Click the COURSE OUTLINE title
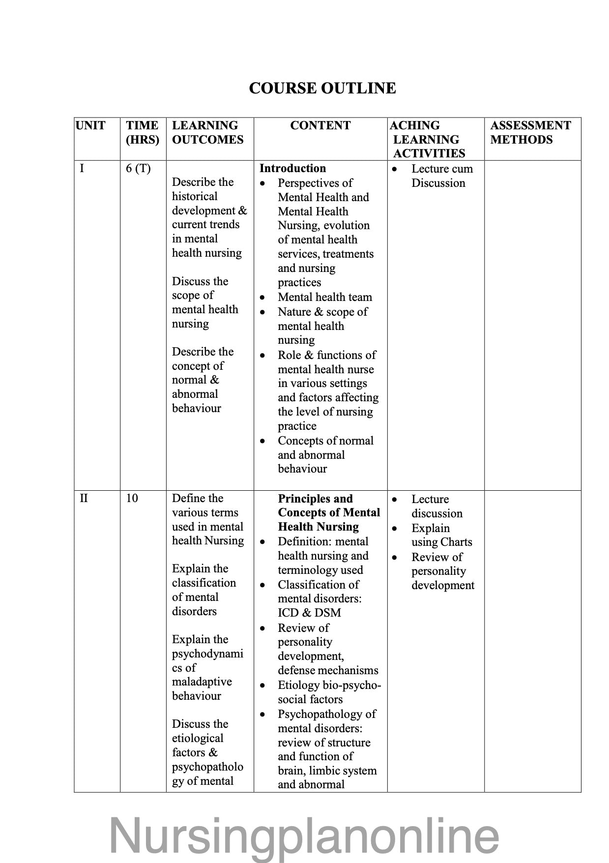click(322, 88)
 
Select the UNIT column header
click(90, 125)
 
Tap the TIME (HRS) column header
click(143, 132)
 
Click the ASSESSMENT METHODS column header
click(530, 132)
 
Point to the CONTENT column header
click(320, 125)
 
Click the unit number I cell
click(82, 169)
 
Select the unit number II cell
click(84, 498)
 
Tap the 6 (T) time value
click(138, 169)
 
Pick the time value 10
click(132, 498)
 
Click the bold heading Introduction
click(292, 168)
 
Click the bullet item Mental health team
click(324, 297)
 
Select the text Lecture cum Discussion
click(441, 176)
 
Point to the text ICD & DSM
click(309, 613)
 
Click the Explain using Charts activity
click(441, 535)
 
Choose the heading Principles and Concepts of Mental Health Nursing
click(328, 512)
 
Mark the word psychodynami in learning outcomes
click(207, 654)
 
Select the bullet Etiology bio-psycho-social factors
click(328, 692)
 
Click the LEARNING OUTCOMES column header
click(207, 132)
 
